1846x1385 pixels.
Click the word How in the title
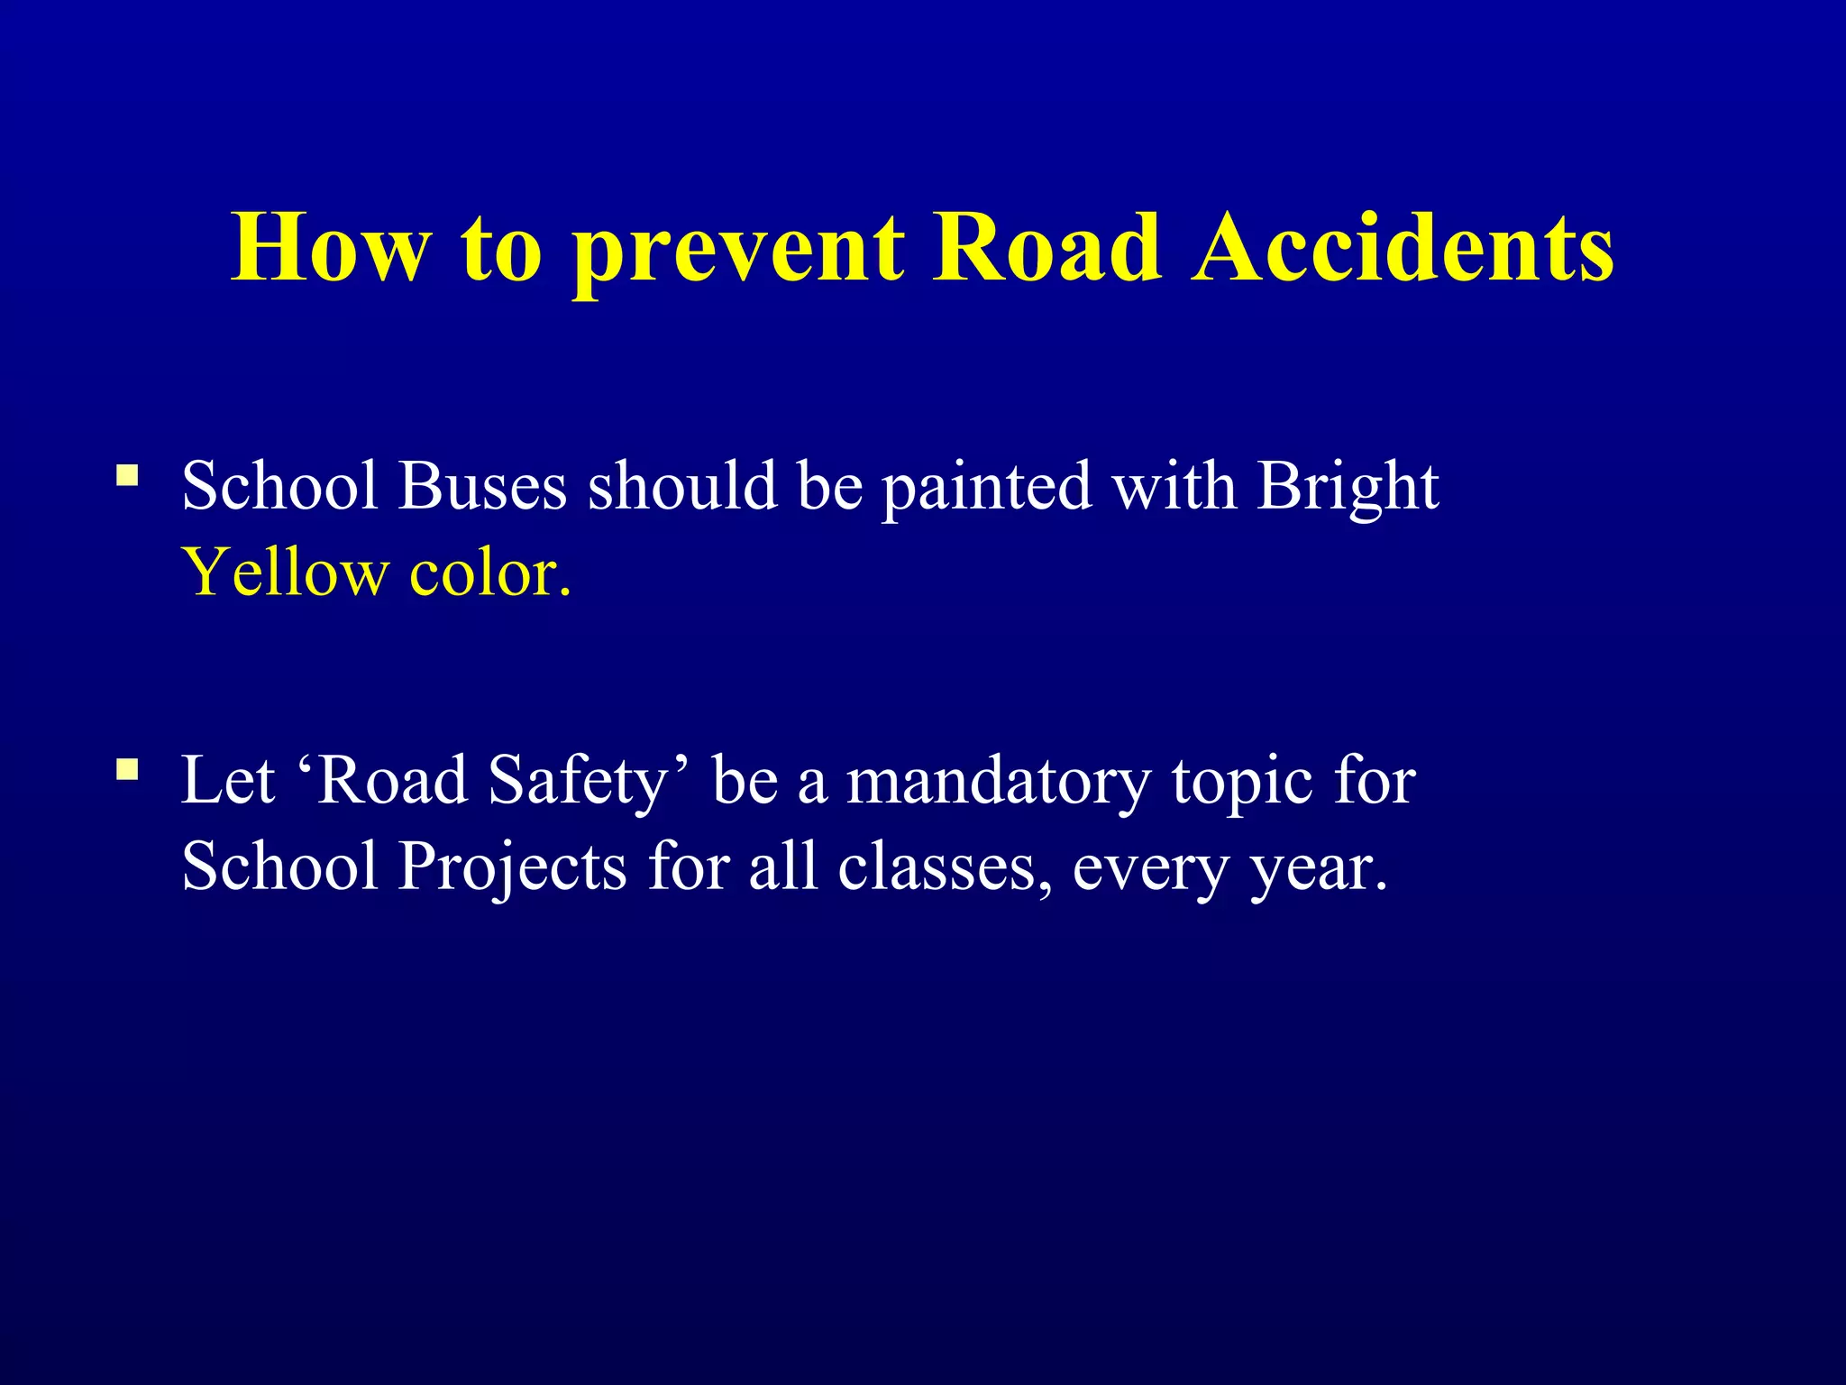(x=331, y=248)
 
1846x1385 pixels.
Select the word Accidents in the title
(x=1403, y=248)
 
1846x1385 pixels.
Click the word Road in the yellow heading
(x=1046, y=248)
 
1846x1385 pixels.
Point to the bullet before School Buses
(x=127, y=474)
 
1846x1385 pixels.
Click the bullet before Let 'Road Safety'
(x=127, y=769)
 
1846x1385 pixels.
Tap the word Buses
(x=482, y=487)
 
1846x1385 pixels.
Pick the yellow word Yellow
(x=285, y=573)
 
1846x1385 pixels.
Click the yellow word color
(x=489, y=573)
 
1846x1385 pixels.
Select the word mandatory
(x=998, y=782)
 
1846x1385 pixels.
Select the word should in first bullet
(x=682, y=487)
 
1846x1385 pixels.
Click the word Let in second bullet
(x=227, y=780)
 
